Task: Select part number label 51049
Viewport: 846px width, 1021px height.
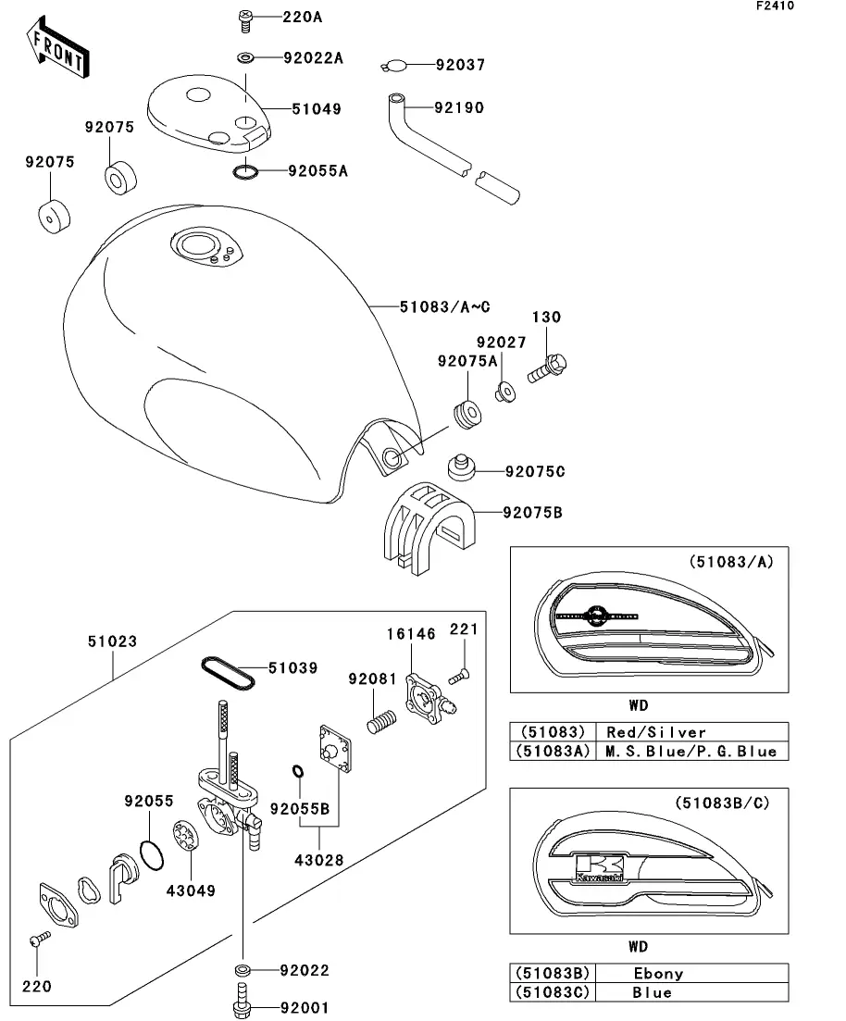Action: [317, 108]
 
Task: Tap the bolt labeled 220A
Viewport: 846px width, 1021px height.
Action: [245, 20]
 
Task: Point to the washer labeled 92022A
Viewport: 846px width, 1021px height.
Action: [245, 58]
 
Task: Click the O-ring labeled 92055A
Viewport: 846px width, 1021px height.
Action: [245, 172]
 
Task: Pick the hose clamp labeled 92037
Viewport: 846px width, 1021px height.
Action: [394, 65]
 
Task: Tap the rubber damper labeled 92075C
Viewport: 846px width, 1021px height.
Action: [461, 467]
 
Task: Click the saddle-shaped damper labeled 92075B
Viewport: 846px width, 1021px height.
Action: [429, 528]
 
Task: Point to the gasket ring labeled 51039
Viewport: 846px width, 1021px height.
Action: [228, 673]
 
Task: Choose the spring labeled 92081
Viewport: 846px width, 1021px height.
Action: [381, 722]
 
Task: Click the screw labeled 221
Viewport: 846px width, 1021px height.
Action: [459, 677]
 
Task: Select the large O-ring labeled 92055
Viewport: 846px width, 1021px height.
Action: [152, 855]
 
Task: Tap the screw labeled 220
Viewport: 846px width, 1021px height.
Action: [40, 939]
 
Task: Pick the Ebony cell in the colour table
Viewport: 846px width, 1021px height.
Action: [659, 974]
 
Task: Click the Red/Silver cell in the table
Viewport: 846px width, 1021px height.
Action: [656, 732]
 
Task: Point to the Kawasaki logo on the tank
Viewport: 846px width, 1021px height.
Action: [599, 868]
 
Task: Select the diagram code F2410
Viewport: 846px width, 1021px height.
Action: [775, 6]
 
